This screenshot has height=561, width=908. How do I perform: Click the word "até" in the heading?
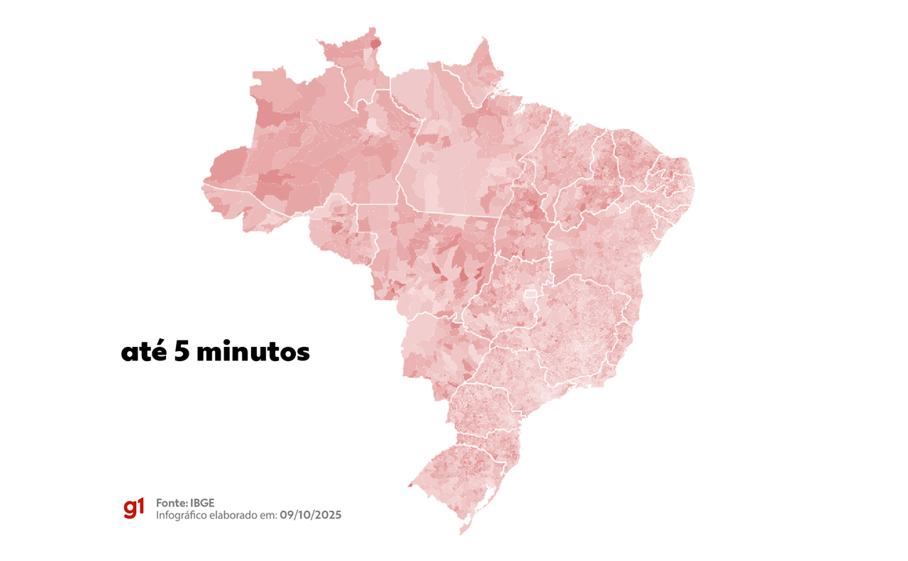[x=144, y=352]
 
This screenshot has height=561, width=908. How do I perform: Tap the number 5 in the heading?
[x=182, y=352]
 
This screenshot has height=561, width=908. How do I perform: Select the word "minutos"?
[x=253, y=352]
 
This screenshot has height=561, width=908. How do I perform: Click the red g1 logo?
[x=133, y=508]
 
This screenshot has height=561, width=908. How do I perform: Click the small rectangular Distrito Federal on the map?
[x=530, y=294]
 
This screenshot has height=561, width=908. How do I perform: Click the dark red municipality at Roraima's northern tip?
[x=375, y=43]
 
